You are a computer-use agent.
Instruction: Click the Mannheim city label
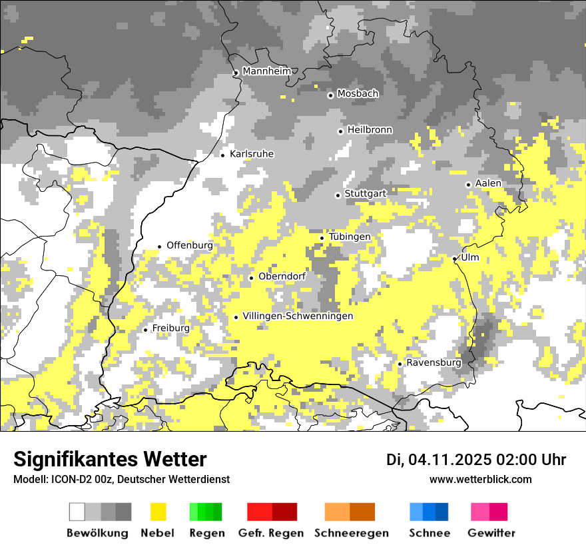[267, 71]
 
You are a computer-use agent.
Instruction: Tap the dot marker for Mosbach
[330, 95]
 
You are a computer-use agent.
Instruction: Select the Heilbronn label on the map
[370, 130]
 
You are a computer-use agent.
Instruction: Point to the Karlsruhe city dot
[223, 155]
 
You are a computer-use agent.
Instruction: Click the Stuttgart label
[365, 194]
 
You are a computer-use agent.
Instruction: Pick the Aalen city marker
[468, 185]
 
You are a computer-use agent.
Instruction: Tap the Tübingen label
[350, 237]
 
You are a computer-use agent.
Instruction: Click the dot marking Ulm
[455, 259]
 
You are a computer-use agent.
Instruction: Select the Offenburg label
[189, 245]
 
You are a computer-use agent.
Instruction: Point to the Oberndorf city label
[282, 276]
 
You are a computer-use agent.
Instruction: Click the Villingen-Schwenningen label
[298, 316]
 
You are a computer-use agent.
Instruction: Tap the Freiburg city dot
[145, 330]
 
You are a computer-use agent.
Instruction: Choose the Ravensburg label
[434, 363]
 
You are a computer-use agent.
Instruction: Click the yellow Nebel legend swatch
[158, 512]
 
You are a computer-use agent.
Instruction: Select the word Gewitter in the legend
[491, 533]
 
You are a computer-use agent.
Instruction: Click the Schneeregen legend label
[351, 533]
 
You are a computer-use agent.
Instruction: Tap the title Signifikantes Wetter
[110, 459]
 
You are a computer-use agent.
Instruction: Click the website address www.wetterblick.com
[480, 480]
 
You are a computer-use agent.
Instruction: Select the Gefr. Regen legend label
[270, 533]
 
